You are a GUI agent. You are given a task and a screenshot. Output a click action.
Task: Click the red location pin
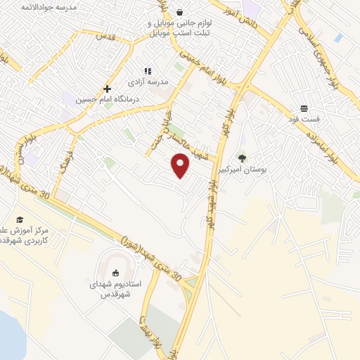(181, 166)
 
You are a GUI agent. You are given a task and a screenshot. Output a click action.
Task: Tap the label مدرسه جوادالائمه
(49, 6)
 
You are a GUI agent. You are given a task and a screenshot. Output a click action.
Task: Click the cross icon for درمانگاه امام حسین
(107, 89)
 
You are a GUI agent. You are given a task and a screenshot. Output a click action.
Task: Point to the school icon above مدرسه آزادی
(148, 71)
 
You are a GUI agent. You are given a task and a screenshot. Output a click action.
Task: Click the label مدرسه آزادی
(148, 82)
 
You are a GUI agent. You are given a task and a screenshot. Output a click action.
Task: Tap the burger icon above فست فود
(304, 108)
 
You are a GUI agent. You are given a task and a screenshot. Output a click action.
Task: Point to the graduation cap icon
(20, 219)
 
